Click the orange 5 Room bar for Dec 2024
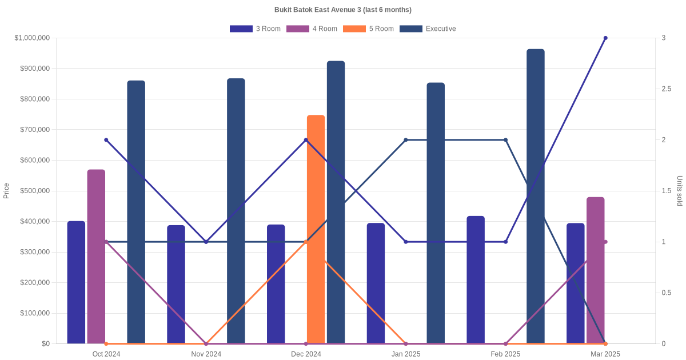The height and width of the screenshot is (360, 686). (316, 229)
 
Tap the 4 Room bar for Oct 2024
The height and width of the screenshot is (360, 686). (96, 257)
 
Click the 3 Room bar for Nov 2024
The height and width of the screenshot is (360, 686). (176, 284)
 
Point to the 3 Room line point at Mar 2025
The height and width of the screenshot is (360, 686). (605, 38)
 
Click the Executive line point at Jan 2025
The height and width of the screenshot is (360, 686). (406, 140)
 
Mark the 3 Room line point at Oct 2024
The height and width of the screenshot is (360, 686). (106, 140)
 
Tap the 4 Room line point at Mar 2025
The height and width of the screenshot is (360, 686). (605, 242)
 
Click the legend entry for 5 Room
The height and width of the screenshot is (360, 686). (368, 29)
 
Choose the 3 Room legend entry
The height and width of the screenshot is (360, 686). (255, 29)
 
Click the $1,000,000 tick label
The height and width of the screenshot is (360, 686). (33, 38)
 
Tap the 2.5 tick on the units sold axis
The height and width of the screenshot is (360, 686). (667, 89)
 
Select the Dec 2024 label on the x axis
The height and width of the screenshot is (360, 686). (306, 354)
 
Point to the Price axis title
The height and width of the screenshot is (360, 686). (6, 191)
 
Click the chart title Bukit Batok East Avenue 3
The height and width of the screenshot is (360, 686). (343, 10)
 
